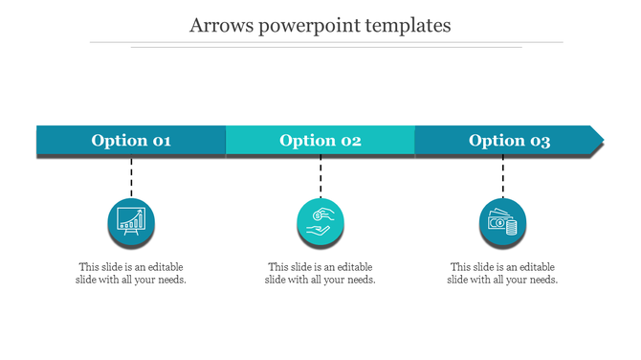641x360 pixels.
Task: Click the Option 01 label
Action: (131, 141)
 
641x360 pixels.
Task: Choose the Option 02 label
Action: (320, 141)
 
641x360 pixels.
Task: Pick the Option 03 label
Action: (509, 141)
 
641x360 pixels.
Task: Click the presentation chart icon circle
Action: (131, 221)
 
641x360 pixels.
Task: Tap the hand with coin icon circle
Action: (320, 221)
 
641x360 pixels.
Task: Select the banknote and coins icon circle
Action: (502, 222)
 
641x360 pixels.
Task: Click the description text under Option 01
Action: (131, 273)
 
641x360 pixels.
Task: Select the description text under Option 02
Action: (320, 273)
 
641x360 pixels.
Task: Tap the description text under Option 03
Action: (502, 273)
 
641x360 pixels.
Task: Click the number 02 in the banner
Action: (349, 141)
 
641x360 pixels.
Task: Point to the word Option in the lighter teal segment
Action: (306, 141)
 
